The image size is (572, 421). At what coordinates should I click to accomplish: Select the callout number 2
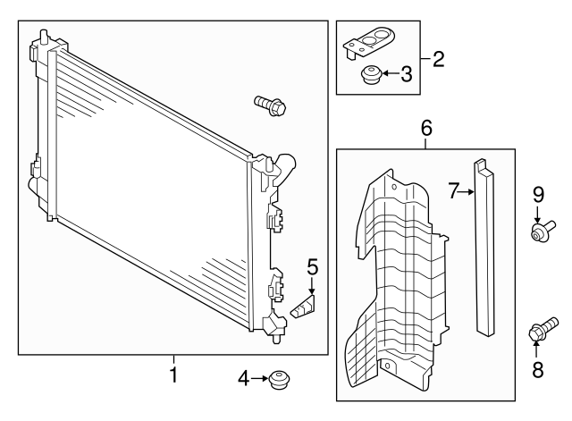pos(437,60)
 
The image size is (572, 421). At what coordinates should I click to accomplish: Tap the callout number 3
pos(406,74)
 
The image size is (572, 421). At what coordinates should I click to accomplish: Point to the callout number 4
pos(243,379)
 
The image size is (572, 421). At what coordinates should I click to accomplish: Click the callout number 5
pos(313,266)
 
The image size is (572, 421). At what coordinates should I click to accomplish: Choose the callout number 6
pos(426,130)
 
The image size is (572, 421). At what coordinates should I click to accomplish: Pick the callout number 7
pos(453,190)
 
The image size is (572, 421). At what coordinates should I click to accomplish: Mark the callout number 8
pos(537,368)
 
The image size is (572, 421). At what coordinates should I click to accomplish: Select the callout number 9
pos(538,193)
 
